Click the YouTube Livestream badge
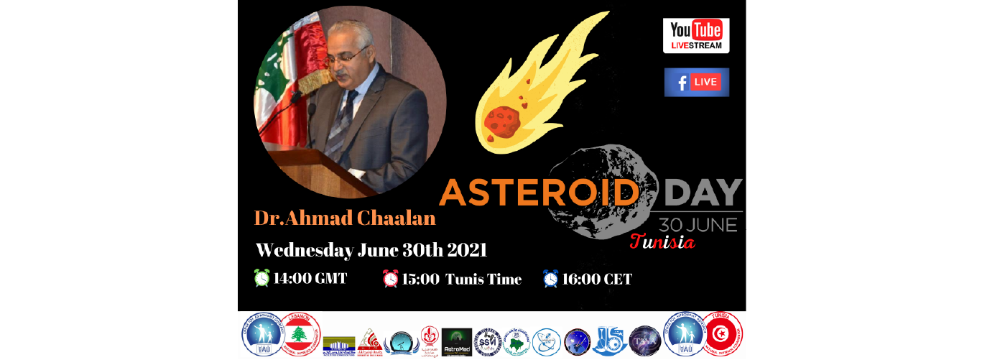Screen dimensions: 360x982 [x=695, y=36]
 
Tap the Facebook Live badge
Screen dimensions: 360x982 [x=696, y=82]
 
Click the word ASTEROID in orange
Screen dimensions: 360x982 [x=539, y=192]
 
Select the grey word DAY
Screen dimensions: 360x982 [x=703, y=192]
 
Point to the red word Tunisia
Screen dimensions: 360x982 [x=662, y=242]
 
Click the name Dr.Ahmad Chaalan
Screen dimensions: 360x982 [x=345, y=217]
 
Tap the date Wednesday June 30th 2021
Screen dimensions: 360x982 [x=371, y=250]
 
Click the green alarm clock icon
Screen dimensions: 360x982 [x=262, y=278]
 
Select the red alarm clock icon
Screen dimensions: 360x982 [x=390, y=278]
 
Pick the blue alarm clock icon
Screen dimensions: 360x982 [x=550, y=278]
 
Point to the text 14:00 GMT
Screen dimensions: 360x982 [x=310, y=278]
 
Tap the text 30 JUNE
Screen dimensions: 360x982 [x=694, y=225]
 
